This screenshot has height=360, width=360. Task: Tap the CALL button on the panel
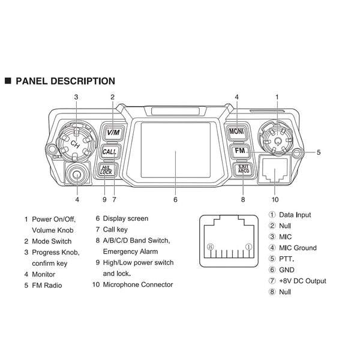110,152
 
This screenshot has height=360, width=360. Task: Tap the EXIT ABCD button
242,170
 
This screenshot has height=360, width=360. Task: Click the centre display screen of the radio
175,151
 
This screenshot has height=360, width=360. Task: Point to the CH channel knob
74,142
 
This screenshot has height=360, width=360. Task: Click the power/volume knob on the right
277,137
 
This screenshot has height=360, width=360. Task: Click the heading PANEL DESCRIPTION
65,80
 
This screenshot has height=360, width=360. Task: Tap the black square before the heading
8,80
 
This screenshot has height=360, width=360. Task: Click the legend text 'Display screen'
125,219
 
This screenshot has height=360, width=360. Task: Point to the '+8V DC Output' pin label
303,281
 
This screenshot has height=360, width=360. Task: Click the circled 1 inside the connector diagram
249,247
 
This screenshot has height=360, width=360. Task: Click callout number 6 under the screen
175,199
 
